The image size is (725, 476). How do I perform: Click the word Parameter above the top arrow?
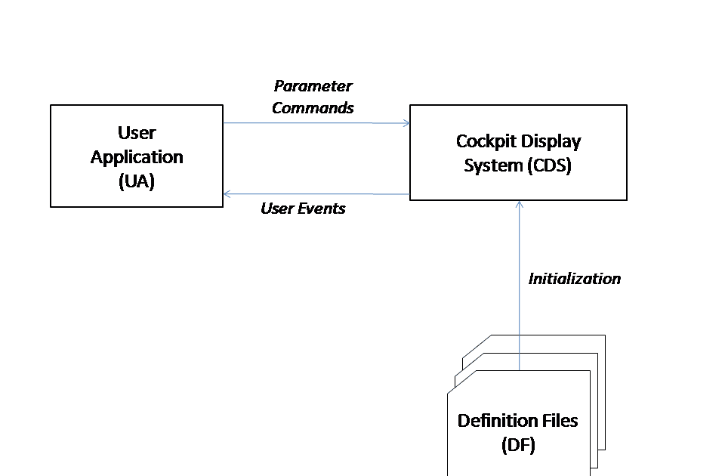pos(313,86)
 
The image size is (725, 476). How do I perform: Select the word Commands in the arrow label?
pos(313,108)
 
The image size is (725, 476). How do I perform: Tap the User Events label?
pos(303,209)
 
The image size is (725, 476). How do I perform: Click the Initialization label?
pos(574,279)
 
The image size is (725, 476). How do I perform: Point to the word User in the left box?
pos(137,133)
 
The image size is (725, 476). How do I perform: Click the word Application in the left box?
pos(137,157)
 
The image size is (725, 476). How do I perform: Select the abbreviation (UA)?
pos(137,181)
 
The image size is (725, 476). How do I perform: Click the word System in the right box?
pos(490,165)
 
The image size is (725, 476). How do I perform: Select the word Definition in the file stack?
pos(494,421)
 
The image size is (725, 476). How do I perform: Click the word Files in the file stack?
pos(556,421)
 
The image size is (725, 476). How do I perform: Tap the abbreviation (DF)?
pos(517,445)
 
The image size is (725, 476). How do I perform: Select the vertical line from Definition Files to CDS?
pos(519,302)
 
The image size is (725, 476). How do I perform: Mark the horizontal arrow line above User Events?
pos(317,194)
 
